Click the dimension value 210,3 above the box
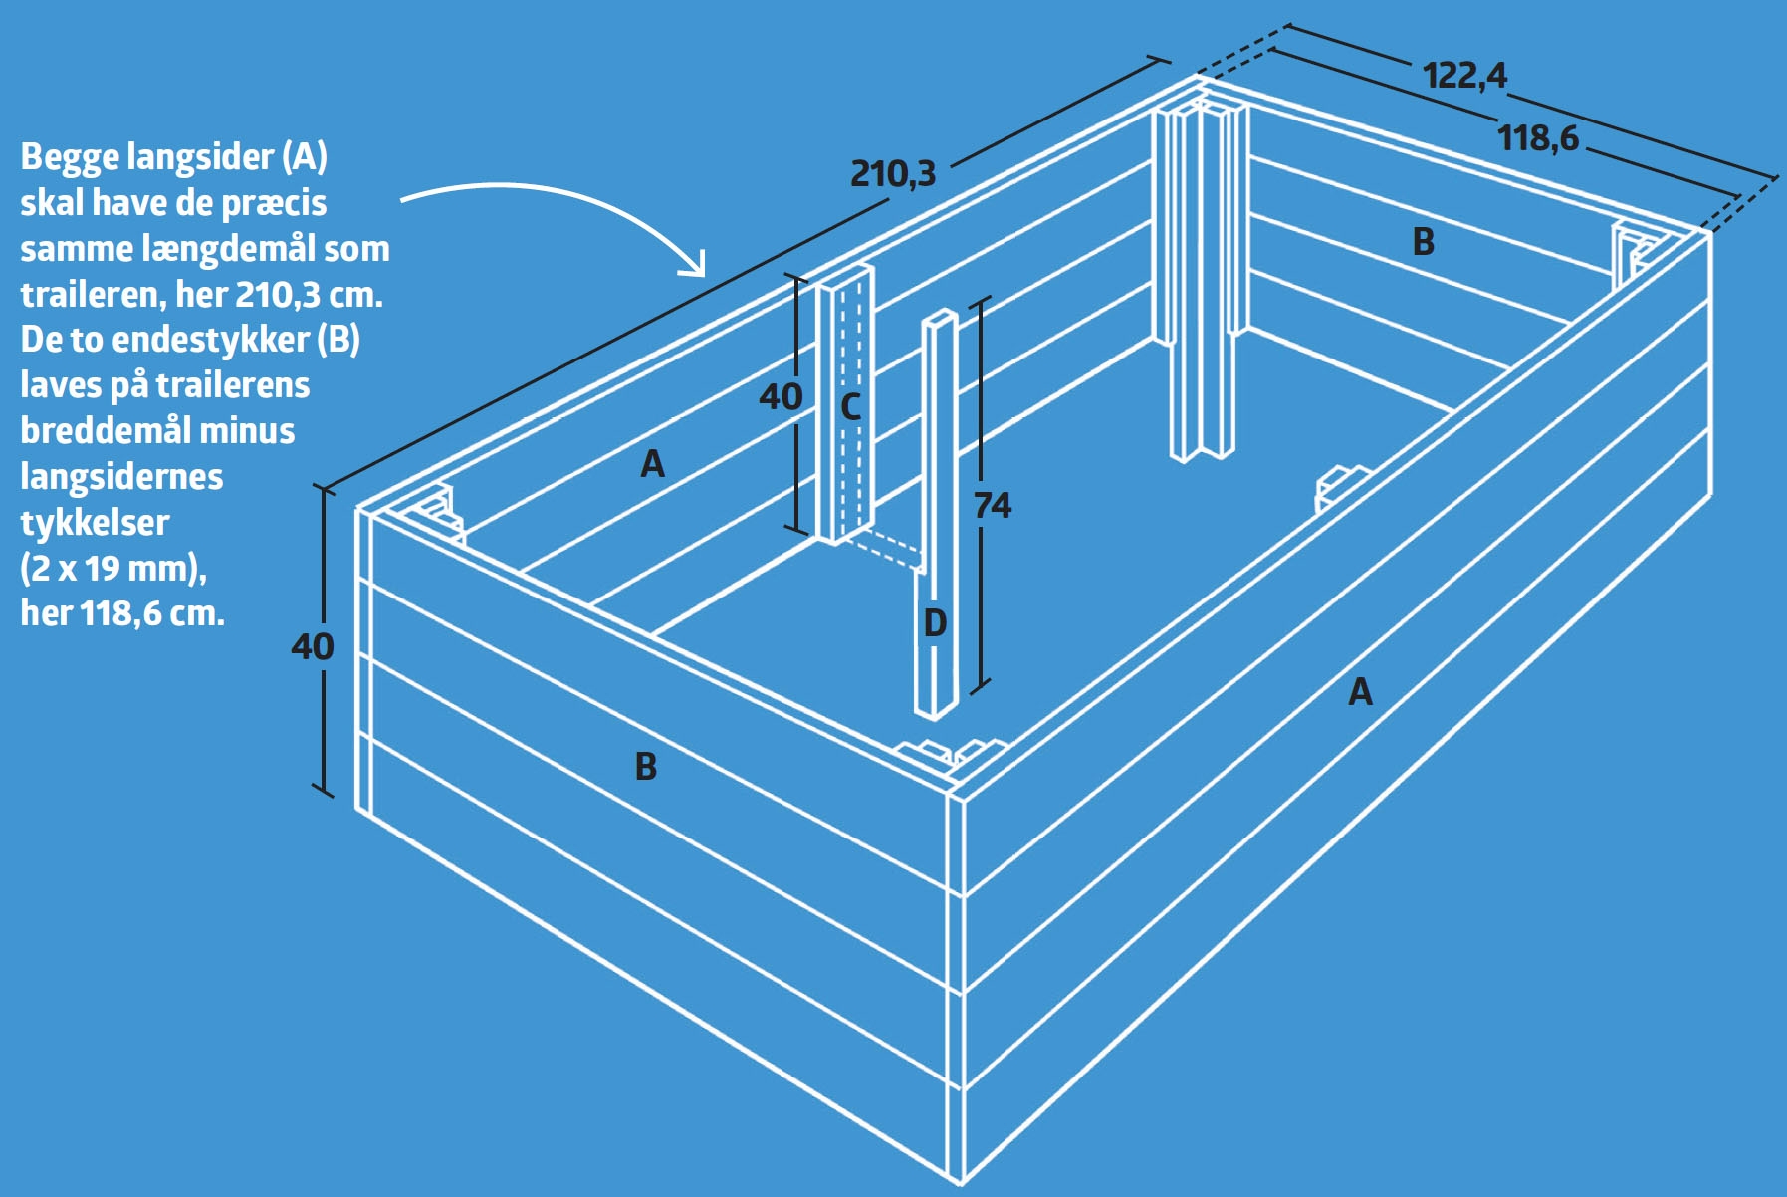coord(893,173)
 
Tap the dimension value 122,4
coord(1464,75)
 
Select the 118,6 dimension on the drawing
coord(1538,137)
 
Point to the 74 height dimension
coord(992,506)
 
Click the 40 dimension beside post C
coord(781,397)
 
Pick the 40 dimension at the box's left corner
coord(313,647)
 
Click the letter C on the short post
coord(850,406)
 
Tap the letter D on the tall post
coord(935,623)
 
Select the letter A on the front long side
coord(1360,691)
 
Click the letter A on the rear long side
coord(652,463)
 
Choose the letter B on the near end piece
coord(646,766)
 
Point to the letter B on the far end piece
coord(1424,241)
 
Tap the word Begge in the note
coord(79,158)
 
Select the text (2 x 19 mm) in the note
coord(113,569)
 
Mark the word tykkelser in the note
coord(95,522)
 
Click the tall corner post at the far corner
coord(1200,279)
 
